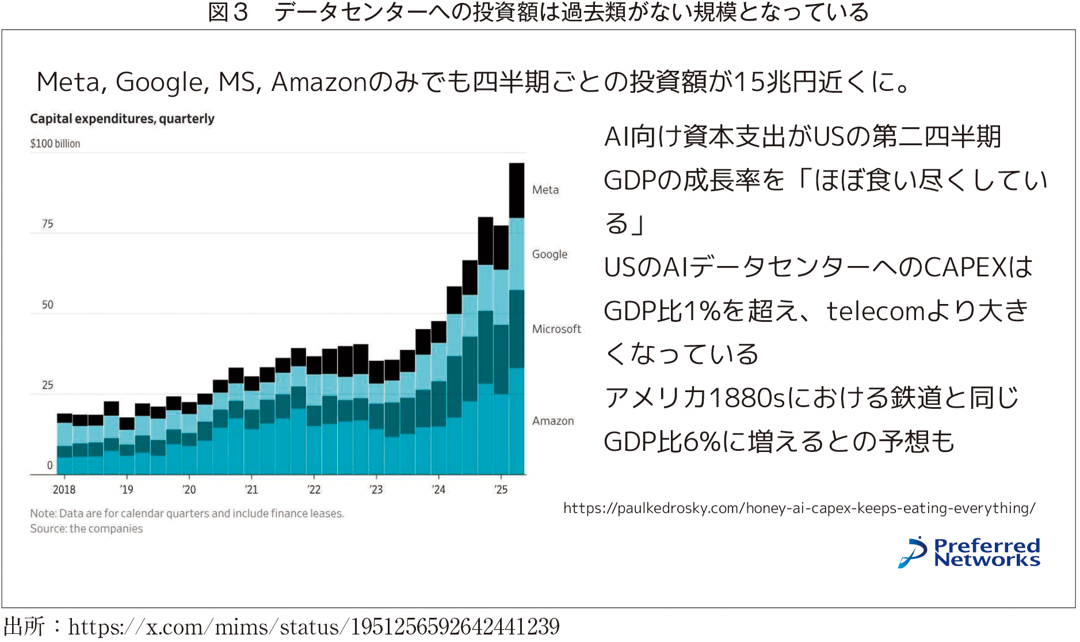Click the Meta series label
click(x=545, y=190)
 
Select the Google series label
click(x=549, y=254)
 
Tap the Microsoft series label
click(x=556, y=329)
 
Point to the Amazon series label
click(x=553, y=421)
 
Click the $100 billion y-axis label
click(x=55, y=144)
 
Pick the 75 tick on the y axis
click(x=48, y=224)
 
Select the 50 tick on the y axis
click(x=48, y=305)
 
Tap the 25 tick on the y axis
click(x=48, y=385)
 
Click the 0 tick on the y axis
click(x=50, y=465)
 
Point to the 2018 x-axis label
click(x=64, y=489)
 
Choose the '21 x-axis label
click(x=251, y=489)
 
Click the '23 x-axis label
click(x=376, y=489)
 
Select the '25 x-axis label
click(x=501, y=489)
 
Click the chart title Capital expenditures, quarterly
click(x=122, y=119)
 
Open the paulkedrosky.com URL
click(x=799, y=508)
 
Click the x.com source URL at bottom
click(x=314, y=627)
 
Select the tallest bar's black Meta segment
click(x=517, y=190)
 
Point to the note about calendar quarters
click(x=187, y=514)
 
